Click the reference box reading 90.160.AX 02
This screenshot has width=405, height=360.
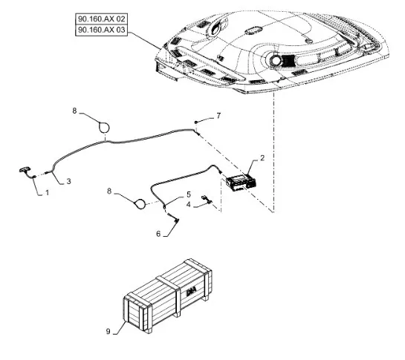(x=102, y=19)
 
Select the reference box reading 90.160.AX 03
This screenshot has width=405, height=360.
(x=102, y=30)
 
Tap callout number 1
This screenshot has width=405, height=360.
(x=47, y=192)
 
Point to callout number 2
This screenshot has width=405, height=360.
(x=262, y=157)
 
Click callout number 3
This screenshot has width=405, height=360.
(x=68, y=181)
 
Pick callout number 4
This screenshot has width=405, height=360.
(x=189, y=204)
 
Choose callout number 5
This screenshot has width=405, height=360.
(x=189, y=194)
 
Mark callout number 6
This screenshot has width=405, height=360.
(x=158, y=234)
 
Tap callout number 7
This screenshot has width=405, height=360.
(x=218, y=116)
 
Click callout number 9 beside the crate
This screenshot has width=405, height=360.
(x=108, y=331)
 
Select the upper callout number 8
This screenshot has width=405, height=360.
(x=74, y=111)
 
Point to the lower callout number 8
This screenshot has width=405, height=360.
(x=109, y=192)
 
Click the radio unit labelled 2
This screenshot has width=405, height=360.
(x=241, y=182)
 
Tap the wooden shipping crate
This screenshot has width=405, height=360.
(x=168, y=295)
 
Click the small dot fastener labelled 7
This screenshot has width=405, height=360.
(x=196, y=122)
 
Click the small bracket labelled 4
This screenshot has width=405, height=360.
(x=207, y=200)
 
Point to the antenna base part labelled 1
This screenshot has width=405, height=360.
(x=27, y=172)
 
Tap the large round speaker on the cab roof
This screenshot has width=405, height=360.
(x=275, y=60)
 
